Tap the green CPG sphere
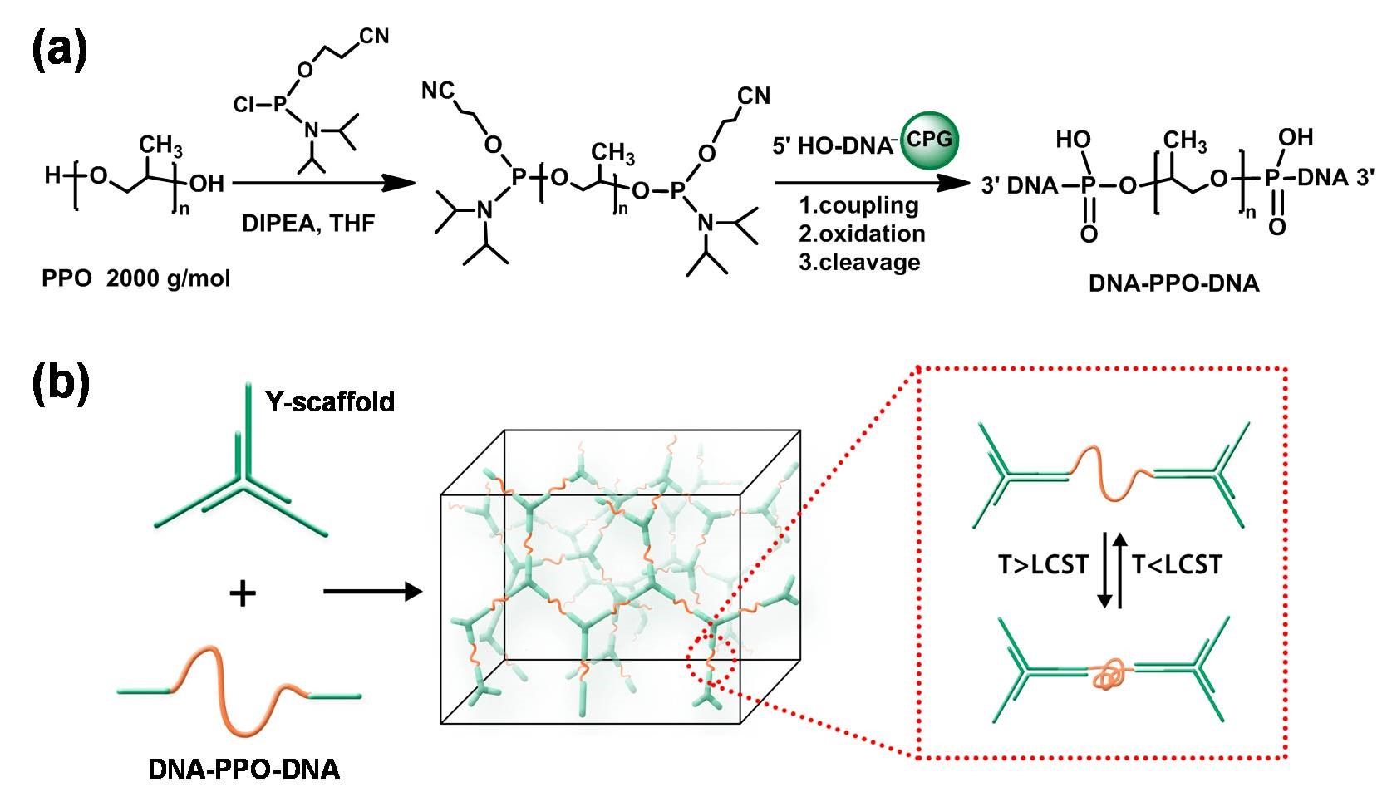[930, 140]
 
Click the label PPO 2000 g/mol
[136, 278]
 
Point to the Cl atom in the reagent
[245, 105]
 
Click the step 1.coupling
[858, 205]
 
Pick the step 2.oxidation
[862, 234]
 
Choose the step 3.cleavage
[859, 262]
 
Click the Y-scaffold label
[330, 402]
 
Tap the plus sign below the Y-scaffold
[242, 593]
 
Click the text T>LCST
[1043, 565]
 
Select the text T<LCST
[1177, 565]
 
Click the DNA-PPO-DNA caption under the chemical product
[1173, 283]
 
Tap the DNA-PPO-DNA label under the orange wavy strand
[244, 769]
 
